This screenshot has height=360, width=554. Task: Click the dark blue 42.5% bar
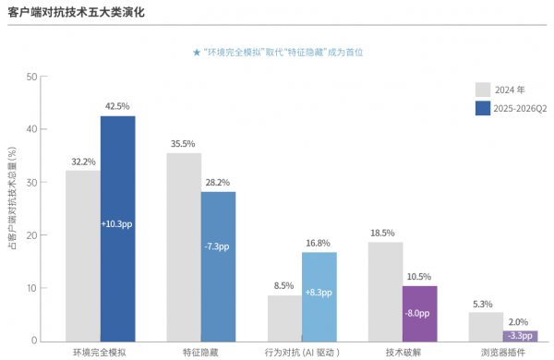[x=117, y=229]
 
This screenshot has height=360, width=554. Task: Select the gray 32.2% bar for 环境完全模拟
[x=83, y=256]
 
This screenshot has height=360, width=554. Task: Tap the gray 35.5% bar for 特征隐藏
[x=184, y=247]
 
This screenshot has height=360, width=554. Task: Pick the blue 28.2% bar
[x=218, y=267]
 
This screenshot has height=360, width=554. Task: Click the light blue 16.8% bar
[x=319, y=296]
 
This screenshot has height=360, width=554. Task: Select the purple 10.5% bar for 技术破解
[x=420, y=314]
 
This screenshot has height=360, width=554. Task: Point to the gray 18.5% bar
[x=385, y=292]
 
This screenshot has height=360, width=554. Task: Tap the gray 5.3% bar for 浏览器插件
[x=487, y=327]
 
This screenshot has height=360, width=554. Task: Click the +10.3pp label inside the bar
[x=116, y=224]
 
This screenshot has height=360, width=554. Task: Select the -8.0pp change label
[x=417, y=313]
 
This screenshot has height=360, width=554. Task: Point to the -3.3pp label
[x=520, y=336]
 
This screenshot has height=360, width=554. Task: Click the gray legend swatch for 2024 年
[x=483, y=90]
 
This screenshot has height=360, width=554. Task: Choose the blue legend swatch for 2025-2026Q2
[x=483, y=108]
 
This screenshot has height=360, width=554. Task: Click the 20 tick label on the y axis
[x=31, y=235]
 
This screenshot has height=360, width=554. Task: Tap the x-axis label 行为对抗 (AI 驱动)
[x=302, y=353]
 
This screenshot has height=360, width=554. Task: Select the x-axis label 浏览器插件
[x=503, y=353]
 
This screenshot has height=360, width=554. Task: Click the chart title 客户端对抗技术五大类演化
[x=76, y=12]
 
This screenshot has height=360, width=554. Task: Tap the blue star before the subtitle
[x=197, y=53]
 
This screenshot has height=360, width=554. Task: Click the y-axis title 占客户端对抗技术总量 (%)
[x=12, y=198]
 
